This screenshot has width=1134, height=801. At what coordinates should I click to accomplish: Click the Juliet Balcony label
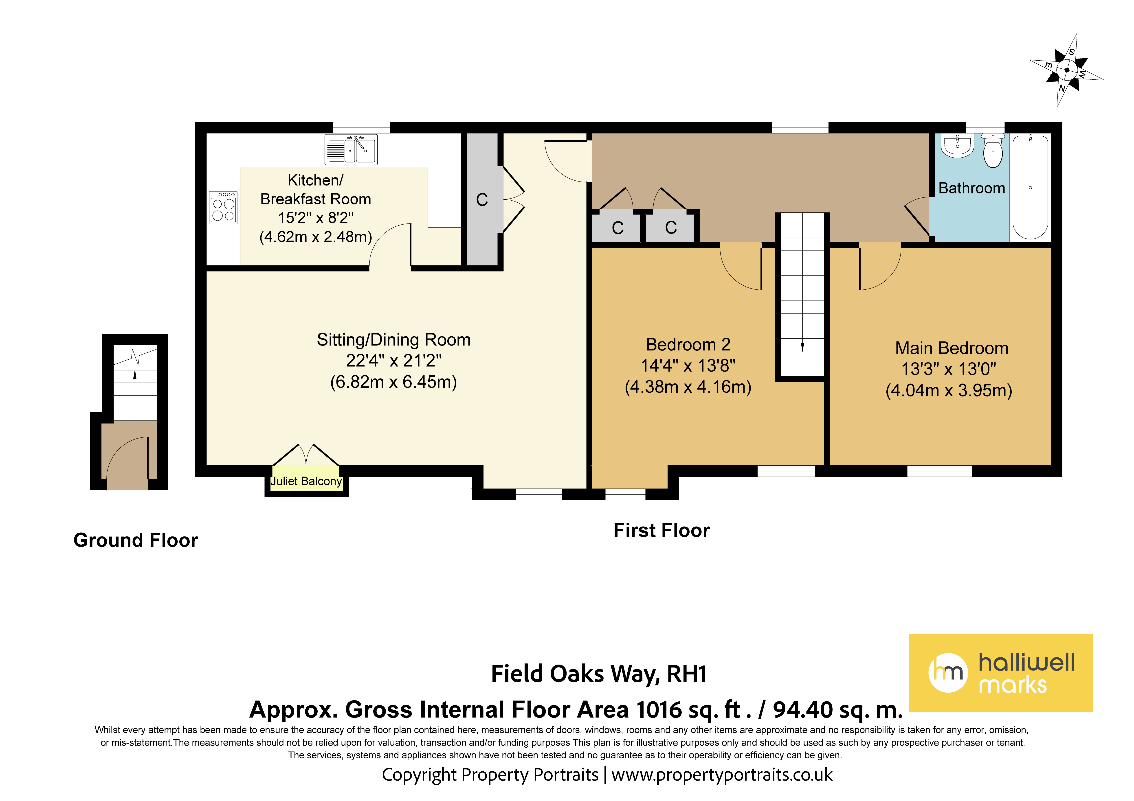(x=306, y=481)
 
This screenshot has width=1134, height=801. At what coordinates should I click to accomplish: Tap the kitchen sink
(x=351, y=149)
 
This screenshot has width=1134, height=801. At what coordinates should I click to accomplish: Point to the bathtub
(x=1030, y=188)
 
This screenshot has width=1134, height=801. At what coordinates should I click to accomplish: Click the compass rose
(x=1067, y=70)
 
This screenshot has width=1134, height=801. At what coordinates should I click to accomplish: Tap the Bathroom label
(x=971, y=188)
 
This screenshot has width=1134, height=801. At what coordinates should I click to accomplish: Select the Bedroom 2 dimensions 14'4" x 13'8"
(x=688, y=365)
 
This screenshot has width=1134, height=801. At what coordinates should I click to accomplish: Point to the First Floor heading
(x=661, y=530)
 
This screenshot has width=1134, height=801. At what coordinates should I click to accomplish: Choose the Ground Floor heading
(x=136, y=540)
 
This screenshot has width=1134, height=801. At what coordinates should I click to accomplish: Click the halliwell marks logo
(x=1001, y=673)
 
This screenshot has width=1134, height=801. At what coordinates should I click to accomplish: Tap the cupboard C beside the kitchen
(x=482, y=199)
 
